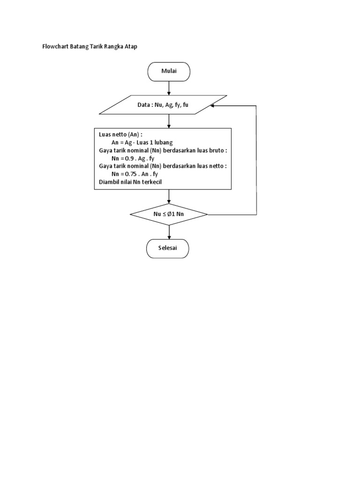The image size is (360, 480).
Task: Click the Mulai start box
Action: (169, 72)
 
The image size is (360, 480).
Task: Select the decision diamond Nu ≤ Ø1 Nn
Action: (169, 215)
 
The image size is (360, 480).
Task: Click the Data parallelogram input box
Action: (163, 105)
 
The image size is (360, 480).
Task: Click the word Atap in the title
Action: (131, 47)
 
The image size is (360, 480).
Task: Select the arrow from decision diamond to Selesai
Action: (169, 232)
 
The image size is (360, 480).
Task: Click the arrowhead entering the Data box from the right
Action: (213, 105)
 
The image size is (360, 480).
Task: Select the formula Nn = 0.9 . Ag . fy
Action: (133, 159)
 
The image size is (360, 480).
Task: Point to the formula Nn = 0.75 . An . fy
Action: (135, 174)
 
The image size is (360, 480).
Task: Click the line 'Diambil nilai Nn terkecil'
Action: (130, 181)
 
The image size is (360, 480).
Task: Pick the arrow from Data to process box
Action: (169, 121)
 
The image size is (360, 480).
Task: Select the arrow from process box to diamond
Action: (169, 197)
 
